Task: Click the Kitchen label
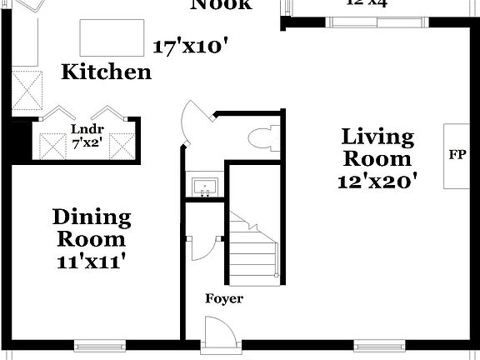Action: click(107, 72)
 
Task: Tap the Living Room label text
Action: click(377, 147)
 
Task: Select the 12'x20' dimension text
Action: click(377, 181)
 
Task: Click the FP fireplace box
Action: click(457, 155)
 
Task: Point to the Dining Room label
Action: click(92, 228)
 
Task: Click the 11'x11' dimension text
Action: click(92, 260)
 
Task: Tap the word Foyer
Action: click(224, 298)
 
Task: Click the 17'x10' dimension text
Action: click(192, 47)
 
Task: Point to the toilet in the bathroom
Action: click(266, 137)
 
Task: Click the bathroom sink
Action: click(204, 186)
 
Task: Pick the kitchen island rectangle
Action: click(111, 37)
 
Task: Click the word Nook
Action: click(221, 4)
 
